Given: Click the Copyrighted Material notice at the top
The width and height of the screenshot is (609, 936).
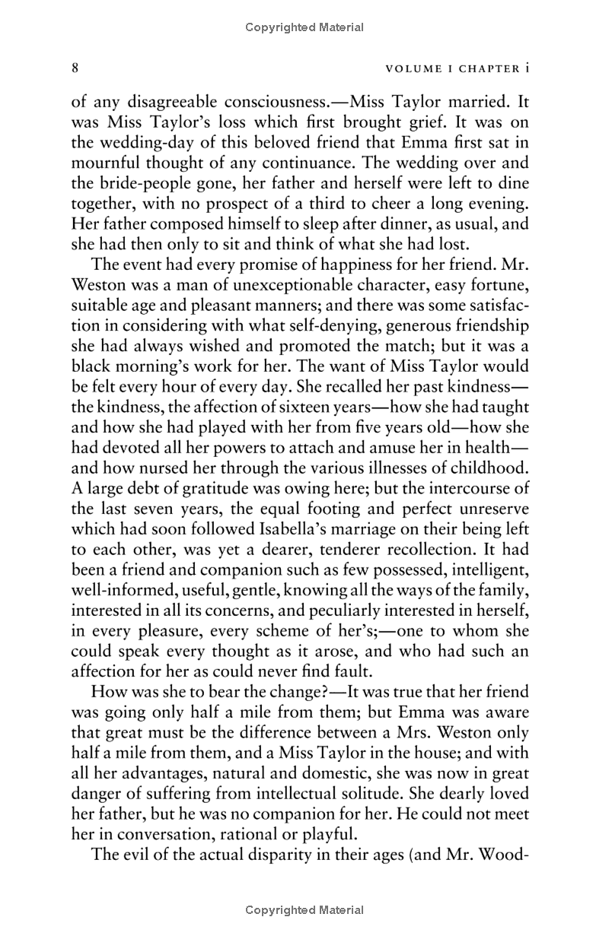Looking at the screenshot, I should point(304,27).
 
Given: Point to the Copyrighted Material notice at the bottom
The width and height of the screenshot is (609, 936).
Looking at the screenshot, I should point(304,909).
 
